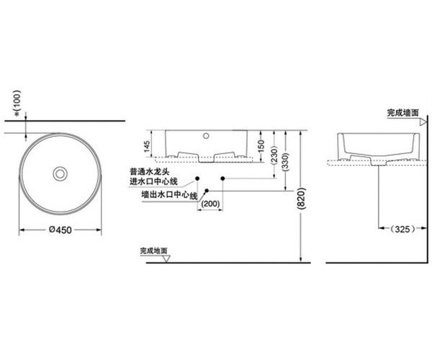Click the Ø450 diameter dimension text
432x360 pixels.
click(x=60, y=230)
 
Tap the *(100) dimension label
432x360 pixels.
click(x=17, y=103)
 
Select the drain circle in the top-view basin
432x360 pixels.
click(x=60, y=174)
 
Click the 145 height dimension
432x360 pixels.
click(x=147, y=146)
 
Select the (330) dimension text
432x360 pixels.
click(x=287, y=161)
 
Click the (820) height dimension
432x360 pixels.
click(x=301, y=199)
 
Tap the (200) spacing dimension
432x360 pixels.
click(x=211, y=204)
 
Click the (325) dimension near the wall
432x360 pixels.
click(x=402, y=229)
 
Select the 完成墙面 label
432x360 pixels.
click(x=402, y=112)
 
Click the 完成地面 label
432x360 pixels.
click(x=154, y=251)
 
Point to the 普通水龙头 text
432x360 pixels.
click(x=150, y=171)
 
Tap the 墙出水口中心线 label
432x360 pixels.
click(x=169, y=194)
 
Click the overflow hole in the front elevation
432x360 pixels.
click(x=206, y=136)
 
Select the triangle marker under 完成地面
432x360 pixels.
click(x=166, y=258)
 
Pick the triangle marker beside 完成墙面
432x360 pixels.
click(x=423, y=122)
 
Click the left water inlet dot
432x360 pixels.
click(x=197, y=179)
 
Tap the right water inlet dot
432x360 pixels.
click(x=223, y=179)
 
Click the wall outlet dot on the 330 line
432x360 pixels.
click(x=207, y=190)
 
